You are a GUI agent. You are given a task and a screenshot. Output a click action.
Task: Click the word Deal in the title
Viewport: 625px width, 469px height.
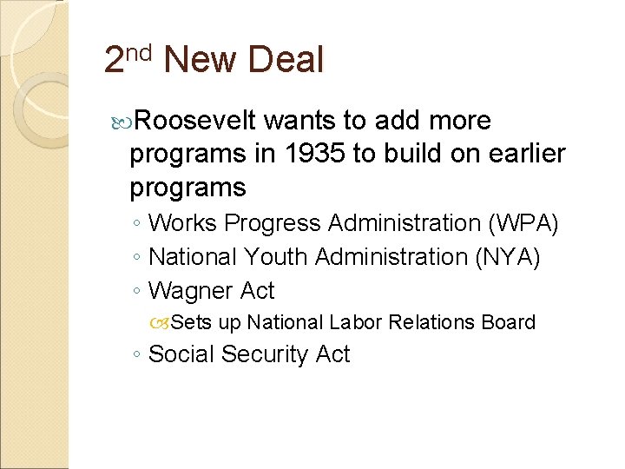tap(286, 60)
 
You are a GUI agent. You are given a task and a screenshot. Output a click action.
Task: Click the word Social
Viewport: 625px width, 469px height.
tap(182, 354)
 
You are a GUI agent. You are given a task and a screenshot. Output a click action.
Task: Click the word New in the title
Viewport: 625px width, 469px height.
tap(200, 60)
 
